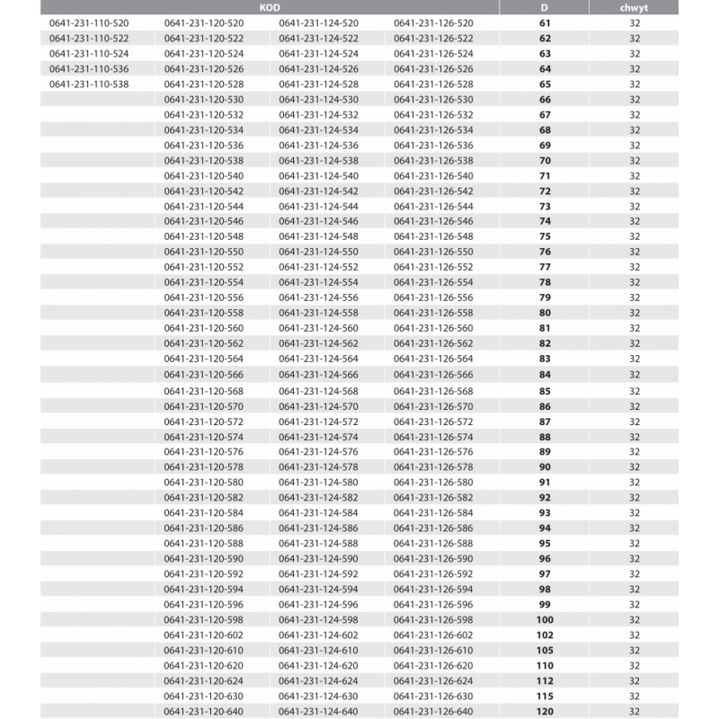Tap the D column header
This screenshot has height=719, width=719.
(x=545, y=6)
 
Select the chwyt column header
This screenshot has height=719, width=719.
(x=635, y=6)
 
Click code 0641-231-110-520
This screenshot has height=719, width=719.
(x=89, y=22)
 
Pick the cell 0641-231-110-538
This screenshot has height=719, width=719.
(x=89, y=84)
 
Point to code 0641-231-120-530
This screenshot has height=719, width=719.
(x=204, y=99)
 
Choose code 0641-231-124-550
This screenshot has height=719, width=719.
(x=318, y=252)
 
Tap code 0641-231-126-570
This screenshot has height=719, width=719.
(x=433, y=406)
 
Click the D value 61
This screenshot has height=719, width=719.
(x=545, y=22)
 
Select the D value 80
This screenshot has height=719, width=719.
(x=545, y=313)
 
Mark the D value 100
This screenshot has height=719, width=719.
(x=545, y=620)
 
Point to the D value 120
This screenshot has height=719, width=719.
(x=545, y=712)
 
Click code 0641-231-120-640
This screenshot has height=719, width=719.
(x=204, y=712)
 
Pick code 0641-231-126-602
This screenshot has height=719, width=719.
(x=433, y=635)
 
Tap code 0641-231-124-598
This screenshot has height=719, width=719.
(x=318, y=620)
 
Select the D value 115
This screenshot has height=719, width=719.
(x=545, y=697)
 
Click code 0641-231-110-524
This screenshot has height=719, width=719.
(x=89, y=53)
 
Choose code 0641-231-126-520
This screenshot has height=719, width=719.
(x=433, y=22)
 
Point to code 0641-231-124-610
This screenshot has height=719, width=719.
(x=318, y=651)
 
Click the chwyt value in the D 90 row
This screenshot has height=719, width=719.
(x=635, y=467)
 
